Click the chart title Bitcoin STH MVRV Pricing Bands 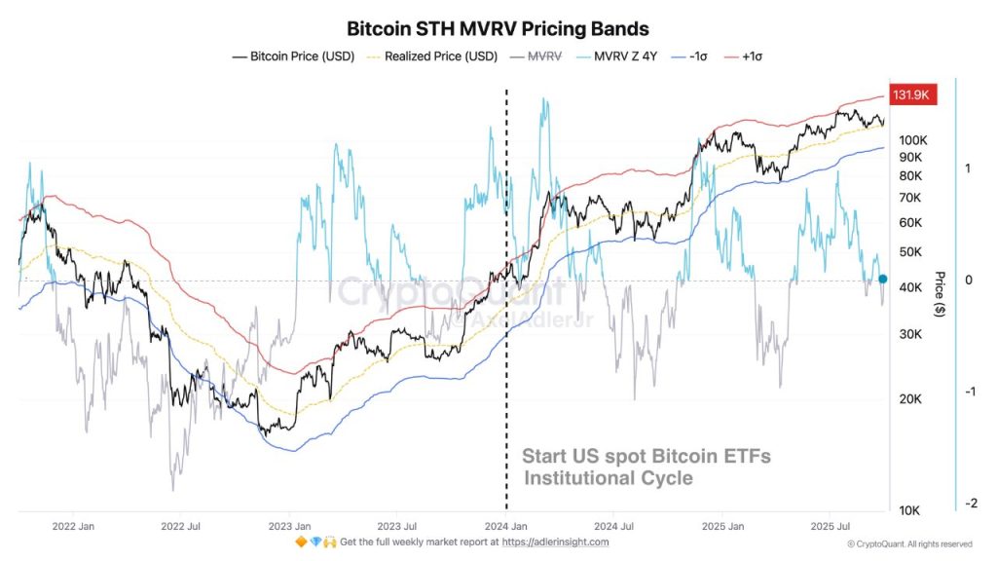pyautogui.click(x=498, y=29)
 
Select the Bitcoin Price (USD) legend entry pyautogui.click(x=295, y=56)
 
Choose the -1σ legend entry pyautogui.click(x=697, y=56)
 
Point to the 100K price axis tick pyautogui.click(x=912, y=140)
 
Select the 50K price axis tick pyautogui.click(x=910, y=252)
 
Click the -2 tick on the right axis pyautogui.click(x=970, y=504)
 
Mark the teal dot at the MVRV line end pyautogui.click(x=882, y=279)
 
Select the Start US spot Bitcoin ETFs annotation pyautogui.click(x=646, y=456)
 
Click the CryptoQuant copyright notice pyautogui.click(x=908, y=543)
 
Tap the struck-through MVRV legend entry pyautogui.click(x=544, y=56)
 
